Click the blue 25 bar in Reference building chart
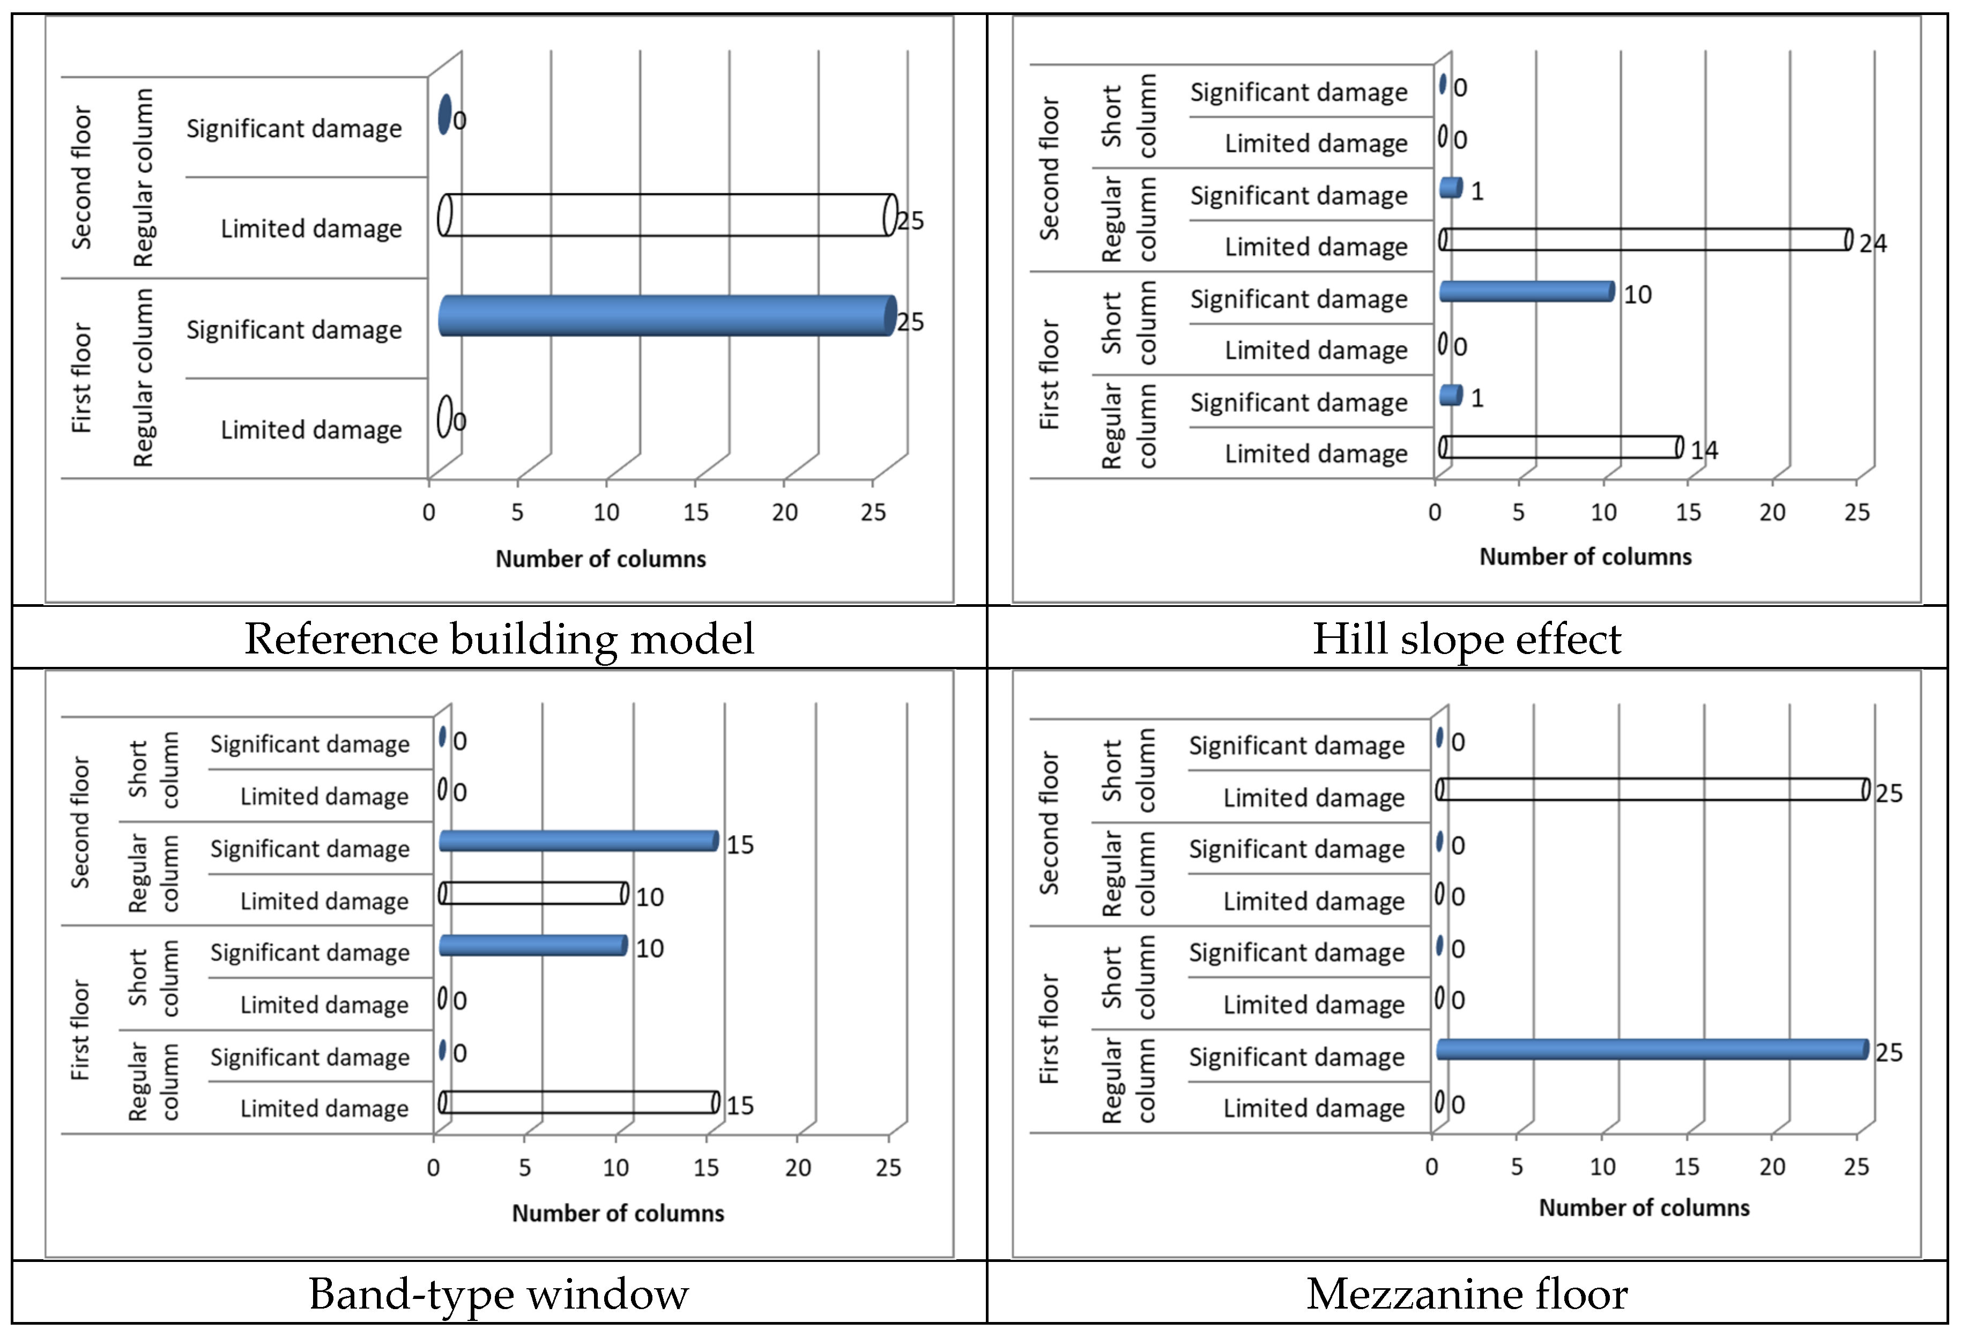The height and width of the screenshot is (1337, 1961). click(x=666, y=316)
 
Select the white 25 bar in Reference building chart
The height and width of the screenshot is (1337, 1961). click(x=666, y=215)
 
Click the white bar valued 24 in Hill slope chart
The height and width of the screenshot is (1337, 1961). click(x=1645, y=240)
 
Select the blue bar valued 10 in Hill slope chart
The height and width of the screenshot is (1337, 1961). click(x=1527, y=291)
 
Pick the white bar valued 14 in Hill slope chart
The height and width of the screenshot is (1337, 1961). click(x=1561, y=447)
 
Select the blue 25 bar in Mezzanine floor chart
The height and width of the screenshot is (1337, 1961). click(x=1652, y=1049)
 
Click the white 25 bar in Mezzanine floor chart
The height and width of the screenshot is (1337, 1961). click(x=1652, y=789)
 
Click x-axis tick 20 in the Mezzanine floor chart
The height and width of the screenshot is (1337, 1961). click(x=1772, y=1167)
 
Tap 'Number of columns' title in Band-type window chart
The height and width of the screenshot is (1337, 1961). click(x=618, y=1213)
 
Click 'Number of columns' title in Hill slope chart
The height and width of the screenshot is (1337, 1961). click(x=1586, y=557)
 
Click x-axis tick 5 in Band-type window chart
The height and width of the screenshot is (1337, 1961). click(x=525, y=1168)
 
